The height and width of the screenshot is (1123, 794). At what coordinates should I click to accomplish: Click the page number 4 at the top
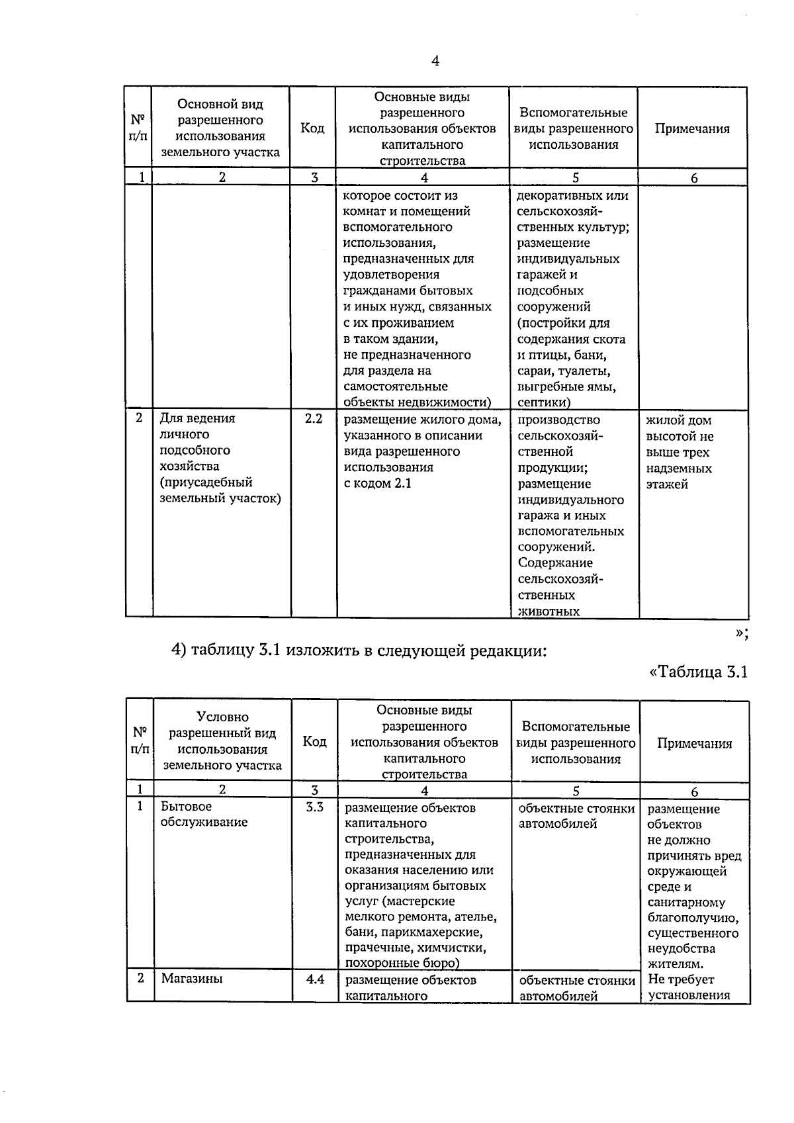pyautogui.click(x=435, y=62)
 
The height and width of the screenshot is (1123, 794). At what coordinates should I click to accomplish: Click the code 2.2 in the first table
pyautogui.click(x=313, y=418)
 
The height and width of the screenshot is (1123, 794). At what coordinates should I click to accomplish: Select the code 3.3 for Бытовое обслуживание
pyautogui.click(x=314, y=807)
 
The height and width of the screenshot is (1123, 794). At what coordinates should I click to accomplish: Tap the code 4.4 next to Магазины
pyautogui.click(x=315, y=979)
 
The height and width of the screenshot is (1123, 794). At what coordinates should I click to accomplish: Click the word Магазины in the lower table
pyautogui.click(x=192, y=978)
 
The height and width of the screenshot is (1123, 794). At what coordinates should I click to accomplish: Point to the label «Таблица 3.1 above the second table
pyautogui.click(x=698, y=672)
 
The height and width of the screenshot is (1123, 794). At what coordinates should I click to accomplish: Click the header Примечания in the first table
pyautogui.click(x=692, y=129)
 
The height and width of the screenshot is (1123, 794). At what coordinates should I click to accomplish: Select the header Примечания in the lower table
pyautogui.click(x=694, y=743)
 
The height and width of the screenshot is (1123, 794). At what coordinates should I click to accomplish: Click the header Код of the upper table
pyautogui.click(x=312, y=128)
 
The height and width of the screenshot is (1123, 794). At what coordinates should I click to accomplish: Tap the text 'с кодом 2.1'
pyautogui.click(x=377, y=483)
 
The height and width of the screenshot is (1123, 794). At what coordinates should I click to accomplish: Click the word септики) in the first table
pyautogui.click(x=544, y=402)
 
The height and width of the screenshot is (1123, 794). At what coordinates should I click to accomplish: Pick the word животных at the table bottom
pyautogui.click(x=549, y=611)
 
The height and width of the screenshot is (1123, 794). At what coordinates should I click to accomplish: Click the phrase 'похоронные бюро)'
pyautogui.click(x=402, y=963)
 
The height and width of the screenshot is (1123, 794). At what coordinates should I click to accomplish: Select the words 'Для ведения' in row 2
pyautogui.click(x=197, y=418)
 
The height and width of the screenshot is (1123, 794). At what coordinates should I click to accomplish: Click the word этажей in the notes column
pyautogui.click(x=667, y=484)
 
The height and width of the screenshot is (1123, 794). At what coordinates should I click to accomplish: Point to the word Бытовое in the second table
pyautogui.click(x=186, y=807)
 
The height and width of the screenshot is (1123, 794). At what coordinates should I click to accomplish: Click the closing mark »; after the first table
pyautogui.click(x=741, y=633)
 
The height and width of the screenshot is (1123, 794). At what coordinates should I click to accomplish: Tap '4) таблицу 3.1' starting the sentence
pyautogui.click(x=226, y=651)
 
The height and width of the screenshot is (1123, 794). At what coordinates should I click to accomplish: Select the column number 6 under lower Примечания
pyautogui.click(x=694, y=791)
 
